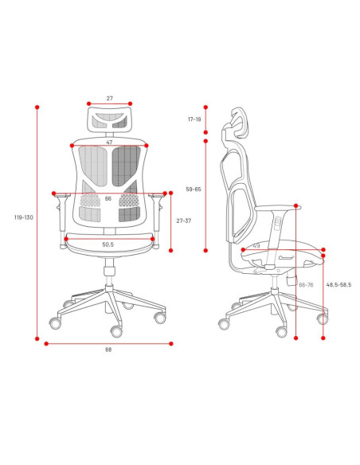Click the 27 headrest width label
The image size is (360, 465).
(110, 98)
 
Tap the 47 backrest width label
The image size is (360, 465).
(109, 143)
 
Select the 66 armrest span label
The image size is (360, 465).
(108, 198)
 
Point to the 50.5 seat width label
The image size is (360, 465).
(108, 244)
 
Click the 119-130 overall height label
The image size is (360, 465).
(24, 217)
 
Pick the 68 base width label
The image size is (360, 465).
(108, 350)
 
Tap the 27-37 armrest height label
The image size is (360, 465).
(184, 221)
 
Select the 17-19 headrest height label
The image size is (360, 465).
(194, 119)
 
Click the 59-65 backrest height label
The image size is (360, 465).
(194, 190)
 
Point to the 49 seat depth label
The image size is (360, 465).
(256, 245)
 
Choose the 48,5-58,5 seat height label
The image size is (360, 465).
(338, 285)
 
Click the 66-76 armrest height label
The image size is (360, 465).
(306, 285)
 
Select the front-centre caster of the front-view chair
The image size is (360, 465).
(116, 331)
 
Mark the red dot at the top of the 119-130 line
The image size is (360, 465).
(37, 107)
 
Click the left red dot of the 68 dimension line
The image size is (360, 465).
(46, 344)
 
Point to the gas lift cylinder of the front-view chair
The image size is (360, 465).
(109, 272)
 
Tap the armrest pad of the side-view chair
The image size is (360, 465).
(278, 208)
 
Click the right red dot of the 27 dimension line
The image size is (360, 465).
(130, 104)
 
